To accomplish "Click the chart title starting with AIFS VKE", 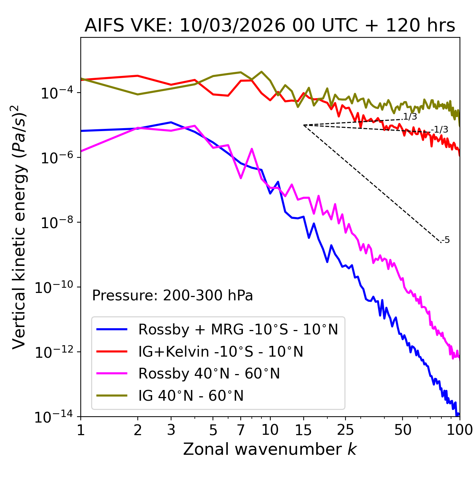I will click(270, 26).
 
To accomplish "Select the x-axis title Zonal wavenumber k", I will click(270, 449).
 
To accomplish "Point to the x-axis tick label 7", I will click(241, 430).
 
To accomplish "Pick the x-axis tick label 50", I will click(403, 430).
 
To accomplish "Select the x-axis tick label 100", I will click(459, 430).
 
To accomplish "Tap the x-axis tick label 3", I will click(171, 430).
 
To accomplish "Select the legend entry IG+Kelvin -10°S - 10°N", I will click(221, 351).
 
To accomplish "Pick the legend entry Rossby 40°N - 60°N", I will click(209, 374).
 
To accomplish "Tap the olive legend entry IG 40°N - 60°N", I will click(191, 396).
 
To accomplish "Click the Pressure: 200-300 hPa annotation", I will click(173, 296).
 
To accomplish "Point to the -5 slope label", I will click(446, 240).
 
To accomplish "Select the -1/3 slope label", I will click(440, 130).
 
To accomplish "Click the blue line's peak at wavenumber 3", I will click(171, 122).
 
